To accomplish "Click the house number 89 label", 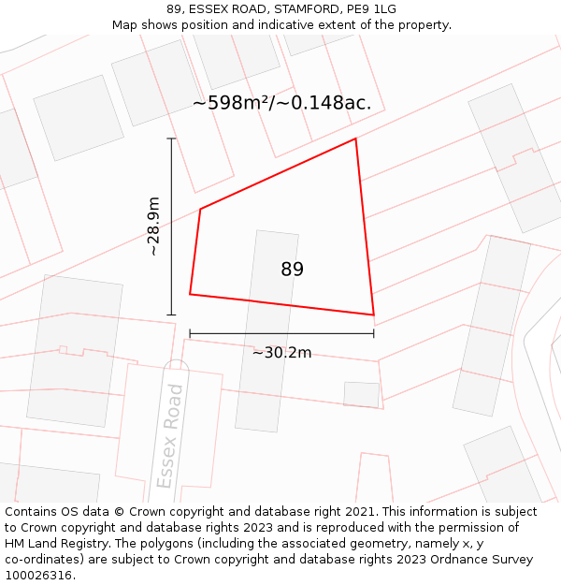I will [x=292, y=270].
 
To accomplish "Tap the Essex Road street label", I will [x=169, y=435].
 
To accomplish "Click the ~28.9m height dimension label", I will [x=153, y=227].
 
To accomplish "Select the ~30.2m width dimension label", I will [x=281, y=353].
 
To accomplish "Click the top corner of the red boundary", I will [x=355, y=139].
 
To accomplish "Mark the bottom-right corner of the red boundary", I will [x=373, y=315].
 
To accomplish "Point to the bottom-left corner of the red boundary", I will [x=190, y=295].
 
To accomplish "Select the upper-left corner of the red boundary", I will [x=200, y=209].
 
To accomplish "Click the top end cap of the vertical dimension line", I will [x=171, y=139].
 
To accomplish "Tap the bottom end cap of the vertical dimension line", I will [x=171, y=314].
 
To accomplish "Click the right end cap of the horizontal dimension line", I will [x=373, y=332].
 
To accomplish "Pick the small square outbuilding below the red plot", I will [x=361, y=394].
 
